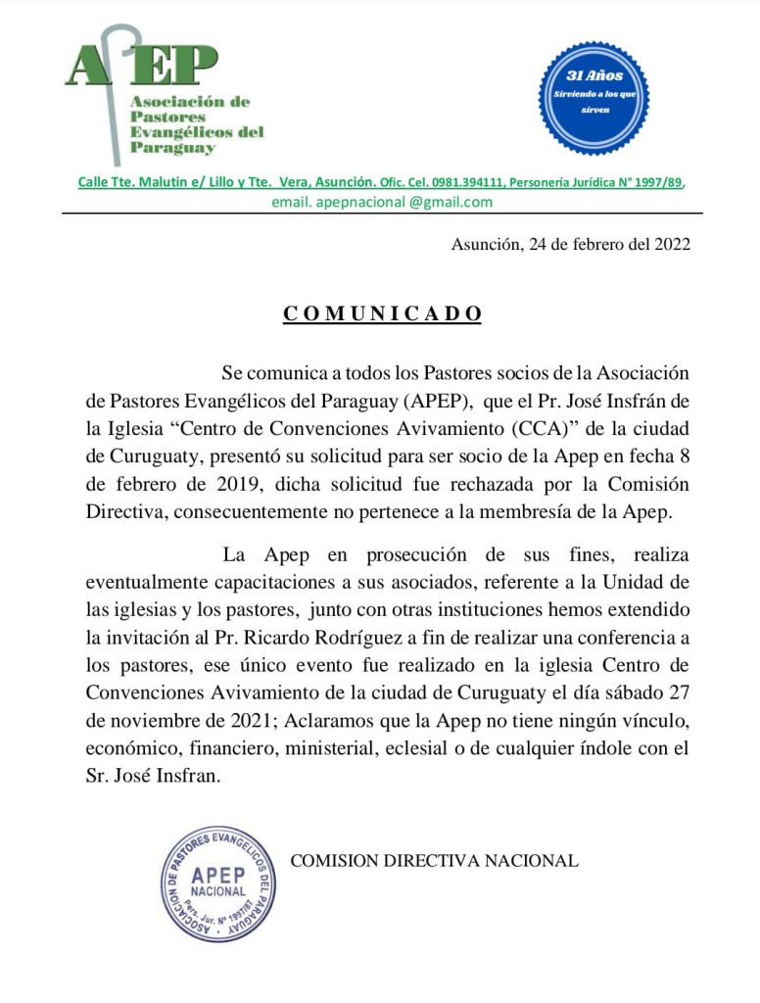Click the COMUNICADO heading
pyautogui.click(x=383, y=313)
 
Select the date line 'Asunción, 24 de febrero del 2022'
pyautogui.click(x=570, y=245)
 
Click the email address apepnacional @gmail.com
pyautogui.click(x=382, y=202)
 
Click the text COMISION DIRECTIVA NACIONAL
pyautogui.click(x=434, y=861)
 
